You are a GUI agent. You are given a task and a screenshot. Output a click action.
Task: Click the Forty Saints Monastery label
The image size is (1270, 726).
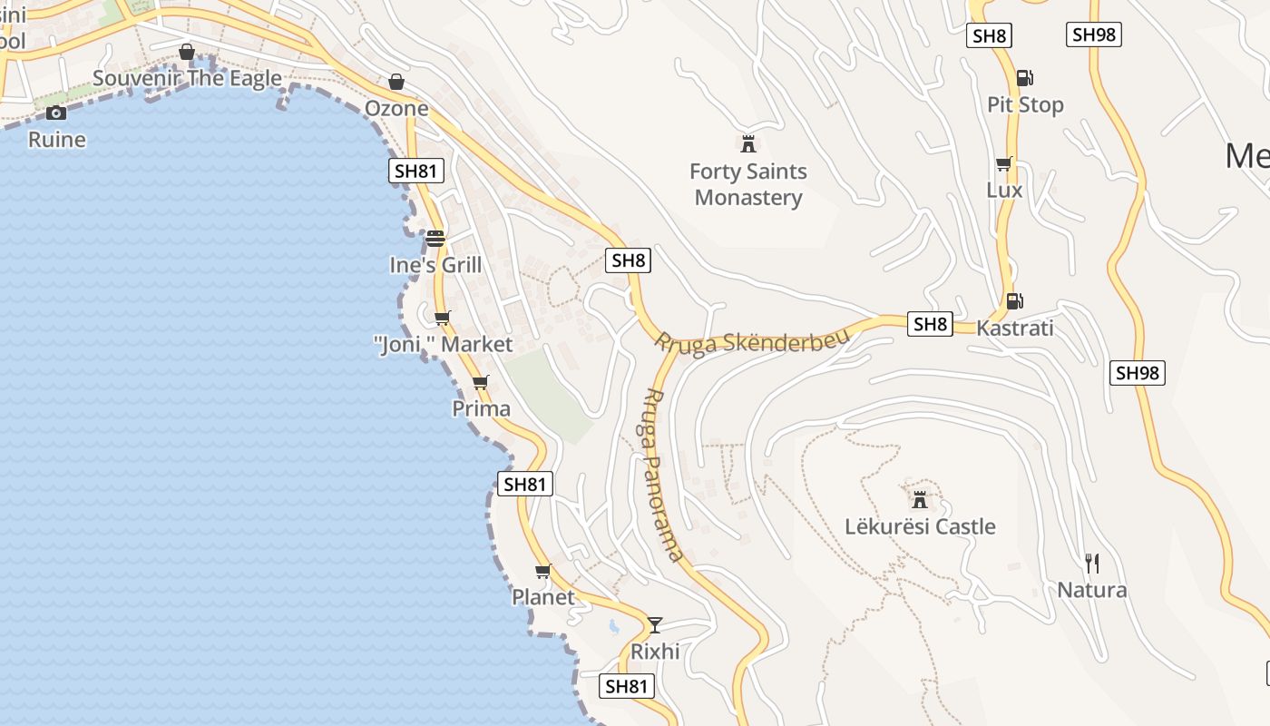(x=748, y=184)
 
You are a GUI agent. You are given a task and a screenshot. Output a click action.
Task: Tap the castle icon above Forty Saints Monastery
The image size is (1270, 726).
(x=748, y=143)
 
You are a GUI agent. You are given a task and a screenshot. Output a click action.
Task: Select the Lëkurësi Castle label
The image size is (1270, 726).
(x=920, y=526)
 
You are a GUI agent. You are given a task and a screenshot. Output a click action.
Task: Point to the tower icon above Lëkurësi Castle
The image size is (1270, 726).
(x=920, y=499)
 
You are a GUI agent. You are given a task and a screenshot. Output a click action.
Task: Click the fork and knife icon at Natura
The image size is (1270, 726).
(x=1092, y=564)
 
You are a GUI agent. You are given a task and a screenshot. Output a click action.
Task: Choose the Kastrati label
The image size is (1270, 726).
(x=1015, y=328)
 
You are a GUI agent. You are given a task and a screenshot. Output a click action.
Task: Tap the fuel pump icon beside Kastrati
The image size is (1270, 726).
(x=1014, y=301)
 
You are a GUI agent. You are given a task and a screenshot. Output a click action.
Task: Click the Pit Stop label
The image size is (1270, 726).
(x=1025, y=104)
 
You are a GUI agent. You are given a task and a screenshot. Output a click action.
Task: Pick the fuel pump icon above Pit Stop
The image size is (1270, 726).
(x=1024, y=78)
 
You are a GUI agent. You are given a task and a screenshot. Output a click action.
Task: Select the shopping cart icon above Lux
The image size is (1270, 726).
(x=1004, y=164)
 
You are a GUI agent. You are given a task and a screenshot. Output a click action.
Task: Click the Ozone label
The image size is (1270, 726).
(x=396, y=108)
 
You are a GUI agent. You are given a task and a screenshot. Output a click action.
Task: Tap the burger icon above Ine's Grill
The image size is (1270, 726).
(x=435, y=239)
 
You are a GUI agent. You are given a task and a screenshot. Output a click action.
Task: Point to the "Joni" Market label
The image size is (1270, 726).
(x=444, y=344)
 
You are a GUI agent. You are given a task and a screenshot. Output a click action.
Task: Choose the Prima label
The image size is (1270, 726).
(x=482, y=408)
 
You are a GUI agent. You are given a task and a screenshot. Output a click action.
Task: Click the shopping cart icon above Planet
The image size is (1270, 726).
(x=543, y=571)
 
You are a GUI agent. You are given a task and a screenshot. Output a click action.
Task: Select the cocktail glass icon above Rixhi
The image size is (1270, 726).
(x=655, y=624)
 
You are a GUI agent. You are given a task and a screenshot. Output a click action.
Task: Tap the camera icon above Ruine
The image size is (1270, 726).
(x=56, y=113)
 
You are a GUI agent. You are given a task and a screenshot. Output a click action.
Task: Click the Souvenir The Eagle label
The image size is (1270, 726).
(x=188, y=78)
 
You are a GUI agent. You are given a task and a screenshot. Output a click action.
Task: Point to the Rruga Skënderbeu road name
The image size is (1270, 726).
(x=752, y=342)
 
